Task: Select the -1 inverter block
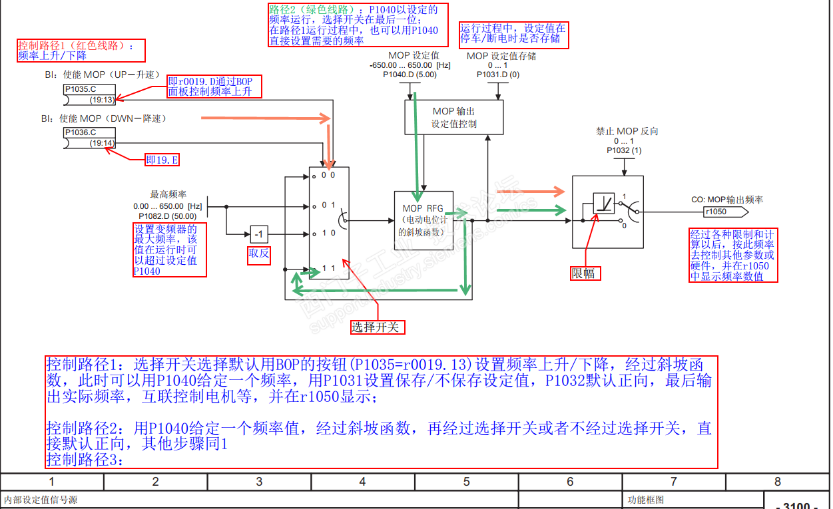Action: pos(260,234)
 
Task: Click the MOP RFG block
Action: pos(422,220)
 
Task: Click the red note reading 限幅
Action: pos(586,273)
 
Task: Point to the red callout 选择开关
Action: pos(378,327)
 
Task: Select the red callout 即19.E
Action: pos(162,160)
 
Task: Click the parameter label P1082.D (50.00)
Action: pos(167,216)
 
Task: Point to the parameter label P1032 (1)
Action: pos(623,151)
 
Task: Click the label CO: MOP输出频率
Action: pos(727,200)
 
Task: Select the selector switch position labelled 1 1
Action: pos(328,267)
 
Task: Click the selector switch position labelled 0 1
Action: pos(328,205)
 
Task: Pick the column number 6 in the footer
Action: pos(570,482)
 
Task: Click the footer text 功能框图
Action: pos(646,500)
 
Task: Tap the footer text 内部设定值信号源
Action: pos(41,500)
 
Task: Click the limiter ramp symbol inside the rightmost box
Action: pos(604,202)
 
